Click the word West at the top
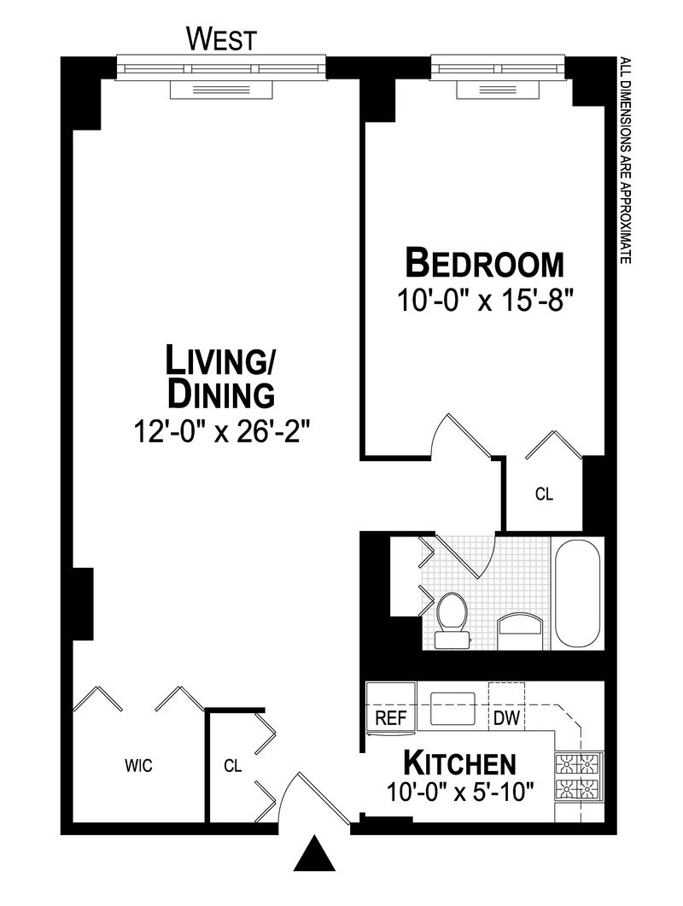click(x=220, y=38)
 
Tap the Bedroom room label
click(x=484, y=263)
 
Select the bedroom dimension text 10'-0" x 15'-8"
click(x=484, y=301)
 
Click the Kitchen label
click(x=459, y=762)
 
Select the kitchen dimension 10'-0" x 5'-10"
click(x=459, y=792)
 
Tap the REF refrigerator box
click(x=391, y=717)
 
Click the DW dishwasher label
click(x=506, y=717)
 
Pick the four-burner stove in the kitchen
click(x=579, y=775)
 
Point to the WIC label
click(x=138, y=765)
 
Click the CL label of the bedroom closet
click(x=544, y=494)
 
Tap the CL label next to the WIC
click(x=232, y=766)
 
